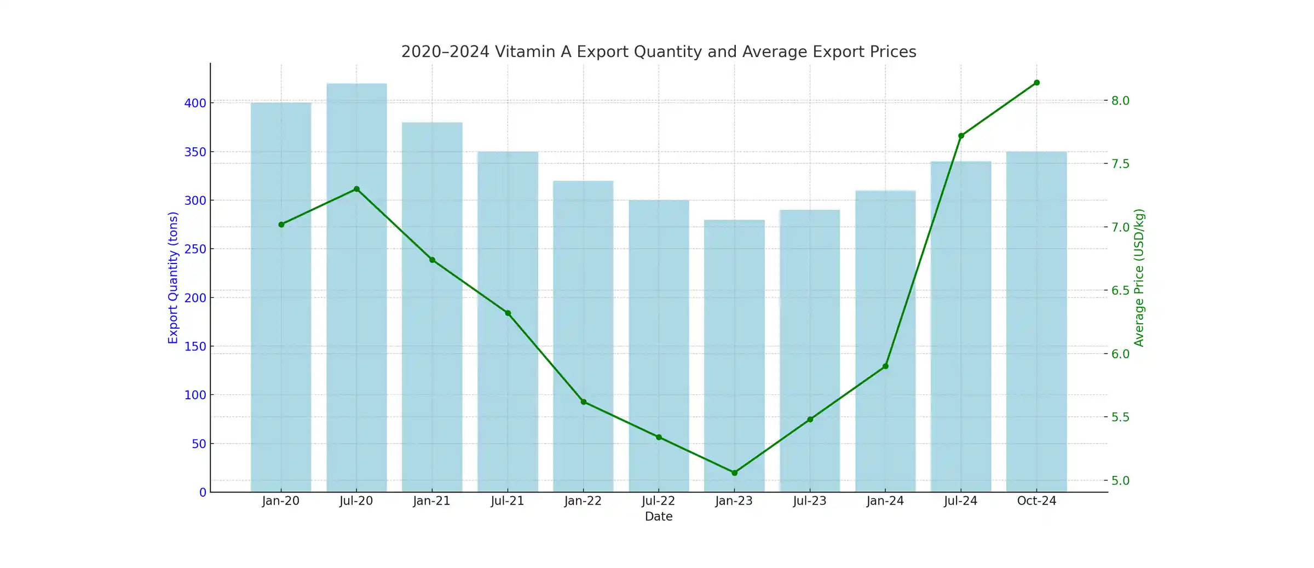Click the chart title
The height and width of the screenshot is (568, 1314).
(658, 51)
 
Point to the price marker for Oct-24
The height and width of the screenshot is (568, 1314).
(1036, 83)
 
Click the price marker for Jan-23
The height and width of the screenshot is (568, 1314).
(734, 473)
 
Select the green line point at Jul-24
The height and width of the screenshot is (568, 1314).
(961, 136)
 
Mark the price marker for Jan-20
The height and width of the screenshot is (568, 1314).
(281, 225)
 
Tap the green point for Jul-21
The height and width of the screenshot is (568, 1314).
(508, 313)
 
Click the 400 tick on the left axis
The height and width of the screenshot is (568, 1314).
(195, 103)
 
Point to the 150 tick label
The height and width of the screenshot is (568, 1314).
(195, 346)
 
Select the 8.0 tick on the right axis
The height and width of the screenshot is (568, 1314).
(1120, 101)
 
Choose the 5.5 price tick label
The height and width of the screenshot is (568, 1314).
(1120, 417)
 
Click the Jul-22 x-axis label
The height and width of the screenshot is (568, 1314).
(658, 501)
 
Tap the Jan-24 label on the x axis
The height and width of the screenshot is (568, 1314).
(885, 501)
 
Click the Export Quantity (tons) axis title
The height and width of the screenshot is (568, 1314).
(173, 278)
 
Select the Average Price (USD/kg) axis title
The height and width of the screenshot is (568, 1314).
(1139, 278)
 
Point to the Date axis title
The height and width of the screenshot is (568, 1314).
(658, 517)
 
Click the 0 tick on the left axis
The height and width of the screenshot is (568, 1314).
(203, 492)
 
